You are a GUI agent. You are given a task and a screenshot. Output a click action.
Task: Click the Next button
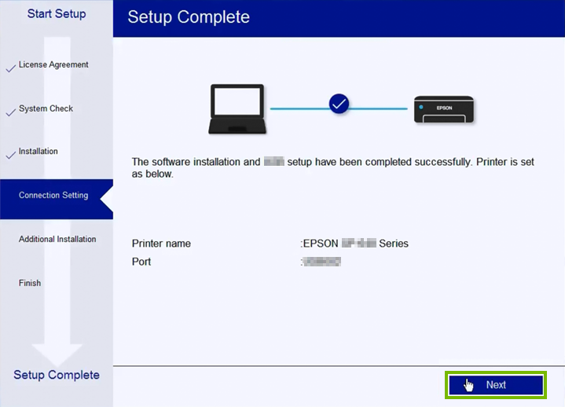pyautogui.click(x=495, y=385)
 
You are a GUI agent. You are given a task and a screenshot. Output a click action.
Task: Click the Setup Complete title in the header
pyautogui.click(x=189, y=17)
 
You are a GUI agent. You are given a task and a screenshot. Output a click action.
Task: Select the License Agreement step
pyautogui.click(x=53, y=65)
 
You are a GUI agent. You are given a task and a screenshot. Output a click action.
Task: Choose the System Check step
pyautogui.click(x=46, y=109)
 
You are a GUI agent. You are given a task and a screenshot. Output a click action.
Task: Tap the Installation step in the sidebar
pyautogui.click(x=38, y=152)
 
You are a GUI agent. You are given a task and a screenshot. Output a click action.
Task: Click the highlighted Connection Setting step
pyautogui.click(x=53, y=196)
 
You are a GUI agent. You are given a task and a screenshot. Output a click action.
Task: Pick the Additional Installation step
pyautogui.click(x=57, y=240)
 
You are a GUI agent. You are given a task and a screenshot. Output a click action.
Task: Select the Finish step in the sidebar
pyautogui.click(x=30, y=284)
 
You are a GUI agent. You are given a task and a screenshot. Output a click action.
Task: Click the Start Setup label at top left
pyautogui.click(x=57, y=14)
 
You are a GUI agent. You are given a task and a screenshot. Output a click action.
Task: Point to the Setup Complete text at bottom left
pyautogui.click(x=57, y=375)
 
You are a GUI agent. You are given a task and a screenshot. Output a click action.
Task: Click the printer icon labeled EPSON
pyautogui.click(x=444, y=110)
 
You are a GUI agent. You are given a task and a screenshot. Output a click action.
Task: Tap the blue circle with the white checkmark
pyautogui.click(x=339, y=104)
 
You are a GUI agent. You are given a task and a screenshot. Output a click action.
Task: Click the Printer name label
pyautogui.click(x=161, y=244)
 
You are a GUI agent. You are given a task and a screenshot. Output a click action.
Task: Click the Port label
pyautogui.click(x=141, y=262)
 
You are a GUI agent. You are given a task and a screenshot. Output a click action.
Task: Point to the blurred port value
pyautogui.click(x=322, y=262)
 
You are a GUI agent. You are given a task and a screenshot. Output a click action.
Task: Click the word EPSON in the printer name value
pyautogui.click(x=321, y=244)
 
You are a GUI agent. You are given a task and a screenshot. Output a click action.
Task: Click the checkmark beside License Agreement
pyautogui.click(x=10, y=69)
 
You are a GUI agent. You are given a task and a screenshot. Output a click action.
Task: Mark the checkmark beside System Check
pyautogui.click(x=10, y=112)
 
